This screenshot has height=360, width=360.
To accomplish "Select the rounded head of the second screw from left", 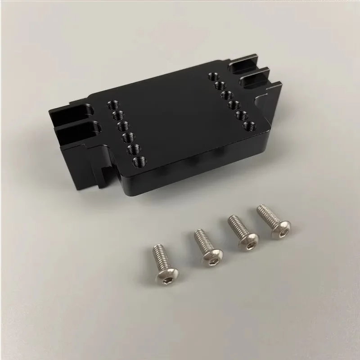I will coord(211,257).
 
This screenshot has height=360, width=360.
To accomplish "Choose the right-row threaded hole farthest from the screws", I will coord(213,76).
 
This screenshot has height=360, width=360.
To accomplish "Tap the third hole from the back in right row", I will coord(227,95).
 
